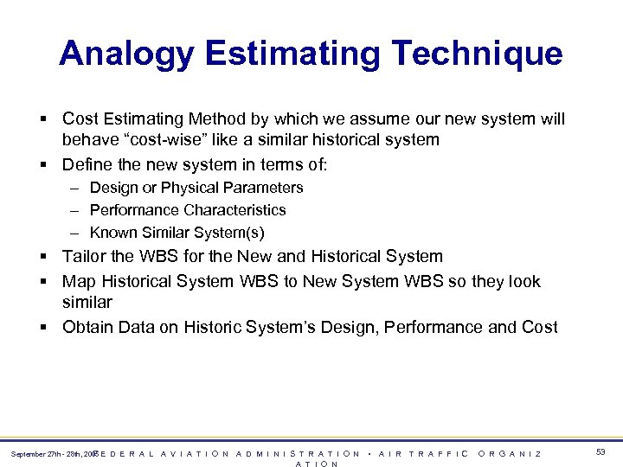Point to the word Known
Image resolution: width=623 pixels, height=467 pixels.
[111, 233]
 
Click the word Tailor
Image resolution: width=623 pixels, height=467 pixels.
[85, 257]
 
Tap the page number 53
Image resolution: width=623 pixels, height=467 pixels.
[601, 452]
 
